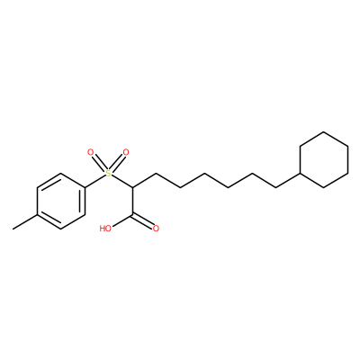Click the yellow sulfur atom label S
pyautogui.click(x=108, y=174)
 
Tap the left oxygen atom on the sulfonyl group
pyautogui.click(x=91, y=152)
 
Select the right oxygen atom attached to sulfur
pyautogui.click(x=126, y=152)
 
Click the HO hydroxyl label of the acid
pyautogui.click(x=105, y=229)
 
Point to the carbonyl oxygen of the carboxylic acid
pyautogui.click(x=156, y=229)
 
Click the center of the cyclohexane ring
pyautogui.click(x=324, y=159)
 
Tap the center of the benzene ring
pyautogui.click(x=61, y=202)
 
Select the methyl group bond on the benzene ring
pyautogui.click(x=25, y=222)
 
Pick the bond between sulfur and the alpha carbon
pyautogui.click(x=122, y=181)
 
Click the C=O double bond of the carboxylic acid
pyautogui.click(x=143, y=221)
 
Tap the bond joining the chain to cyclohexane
pyautogui.click(x=288, y=181)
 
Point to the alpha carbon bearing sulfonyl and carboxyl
pyautogui.click(x=132, y=187)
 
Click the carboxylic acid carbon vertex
pyautogui.click(x=132, y=215)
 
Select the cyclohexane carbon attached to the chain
pyautogui.click(x=301, y=174)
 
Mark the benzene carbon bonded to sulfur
pyautogui.click(x=85, y=187)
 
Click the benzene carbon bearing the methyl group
pyautogui.click(x=37, y=215)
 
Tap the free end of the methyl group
pyautogui.click(x=13, y=229)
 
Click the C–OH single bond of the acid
pyautogui.click(x=122, y=220)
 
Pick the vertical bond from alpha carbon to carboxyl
pyautogui.click(x=132, y=202)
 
